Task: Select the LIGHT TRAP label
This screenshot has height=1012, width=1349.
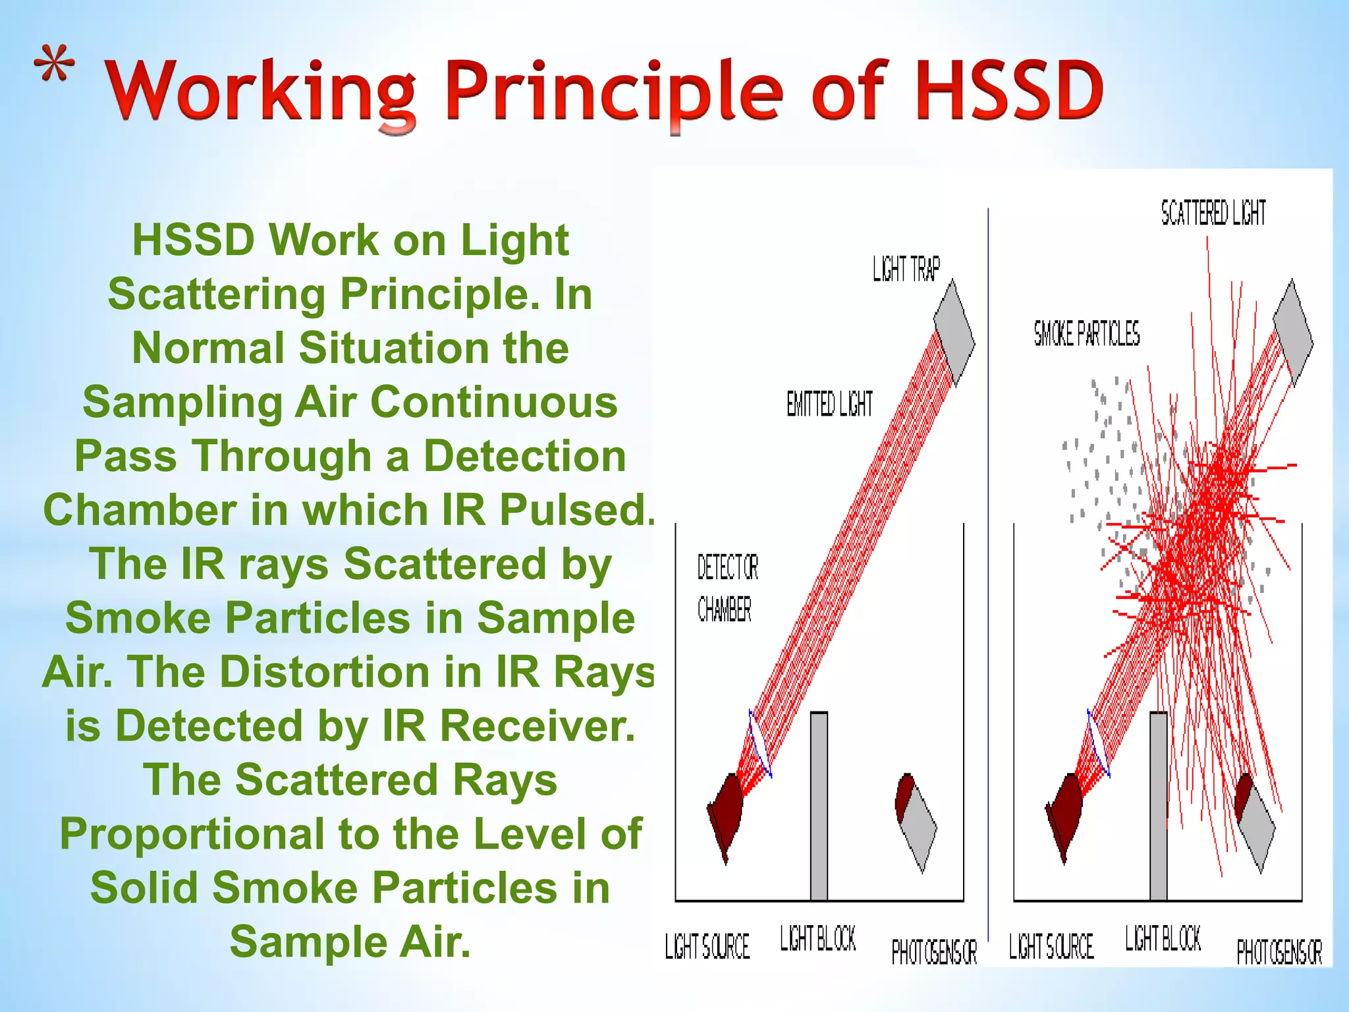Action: [906, 269]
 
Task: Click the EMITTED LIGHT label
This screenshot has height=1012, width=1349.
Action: [829, 404]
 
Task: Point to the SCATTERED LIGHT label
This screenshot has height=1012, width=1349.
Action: [1213, 213]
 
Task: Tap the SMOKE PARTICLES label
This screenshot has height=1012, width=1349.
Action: [1086, 333]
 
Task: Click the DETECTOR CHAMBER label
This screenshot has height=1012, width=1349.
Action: [727, 588]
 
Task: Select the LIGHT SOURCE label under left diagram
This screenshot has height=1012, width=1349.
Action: [707, 946]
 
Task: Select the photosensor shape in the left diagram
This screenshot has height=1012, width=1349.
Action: [916, 820]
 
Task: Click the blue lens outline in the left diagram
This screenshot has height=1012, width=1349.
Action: [759, 745]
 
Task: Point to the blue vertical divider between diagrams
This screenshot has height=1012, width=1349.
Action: [988, 593]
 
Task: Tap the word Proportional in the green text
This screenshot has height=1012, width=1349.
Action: [192, 833]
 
